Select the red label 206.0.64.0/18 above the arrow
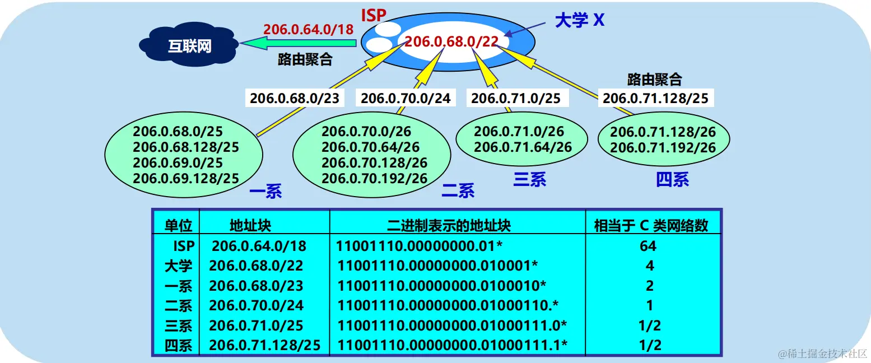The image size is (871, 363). pyautogui.click(x=309, y=29)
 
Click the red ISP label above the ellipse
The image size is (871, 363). pyautogui.click(x=374, y=15)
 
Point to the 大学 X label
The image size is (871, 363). pyautogui.click(x=579, y=21)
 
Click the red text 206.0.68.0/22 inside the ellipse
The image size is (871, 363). pyautogui.click(x=451, y=42)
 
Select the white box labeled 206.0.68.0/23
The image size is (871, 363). pyautogui.click(x=294, y=99)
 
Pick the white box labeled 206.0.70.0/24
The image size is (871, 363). pyautogui.click(x=405, y=99)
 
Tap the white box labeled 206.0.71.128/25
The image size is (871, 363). pyautogui.click(x=655, y=99)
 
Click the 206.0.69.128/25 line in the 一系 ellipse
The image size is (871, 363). pyautogui.click(x=186, y=178)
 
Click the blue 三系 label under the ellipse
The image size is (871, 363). pyautogui.click(x=529, y=179)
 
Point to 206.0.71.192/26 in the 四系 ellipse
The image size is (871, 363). pyautogui.click(x=663, y=148)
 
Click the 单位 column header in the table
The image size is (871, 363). pyautogui.click(x=179, y=225)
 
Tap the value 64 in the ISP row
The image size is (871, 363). pyautogui.click(x=648, y=245)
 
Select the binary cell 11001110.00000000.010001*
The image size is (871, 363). pyautogui.click(x=437, y=266)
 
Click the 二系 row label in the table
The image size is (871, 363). pyautogui.click(x=179, y=305)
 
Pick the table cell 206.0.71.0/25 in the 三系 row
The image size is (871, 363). pyautogui.click(x=260, y=325)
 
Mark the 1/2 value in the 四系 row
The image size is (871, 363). pyautogui.click(x=649, y=345)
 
